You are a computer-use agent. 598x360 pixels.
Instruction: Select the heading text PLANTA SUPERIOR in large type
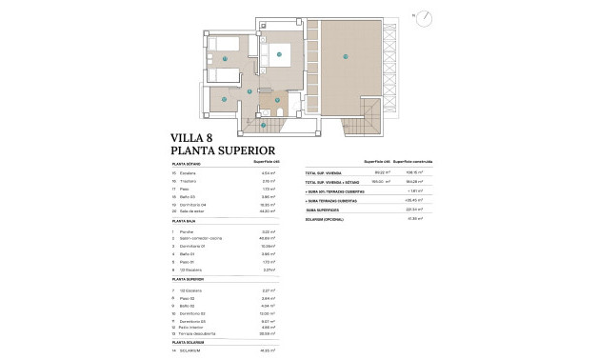pos(223,150)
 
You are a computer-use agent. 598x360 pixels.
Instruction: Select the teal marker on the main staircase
pos(262,123)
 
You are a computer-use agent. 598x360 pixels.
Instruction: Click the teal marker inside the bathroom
pos(276,99)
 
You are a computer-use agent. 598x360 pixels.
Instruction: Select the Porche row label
pos(188,231)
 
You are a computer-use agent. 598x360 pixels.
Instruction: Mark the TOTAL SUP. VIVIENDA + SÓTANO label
pos(330,182)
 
